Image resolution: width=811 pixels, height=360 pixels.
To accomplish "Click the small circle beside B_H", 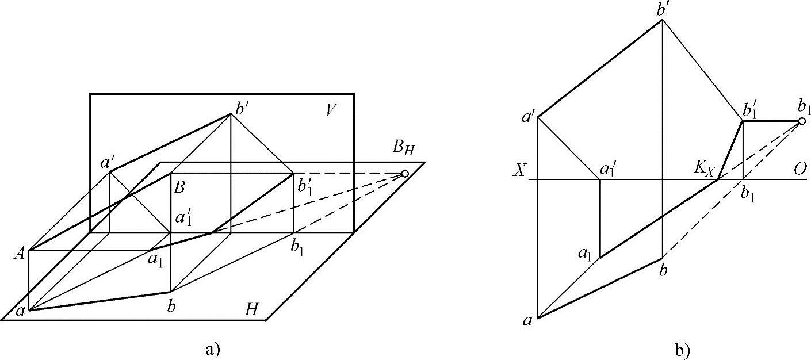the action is [x=405, y=173].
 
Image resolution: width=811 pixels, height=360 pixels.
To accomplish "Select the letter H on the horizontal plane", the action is [x=251, y=311].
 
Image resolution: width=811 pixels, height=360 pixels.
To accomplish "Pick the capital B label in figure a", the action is [x=179, y=187].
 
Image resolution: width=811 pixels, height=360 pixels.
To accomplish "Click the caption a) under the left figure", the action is [x=212, y=348].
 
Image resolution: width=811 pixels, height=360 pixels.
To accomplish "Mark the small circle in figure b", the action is [x=802, y=121].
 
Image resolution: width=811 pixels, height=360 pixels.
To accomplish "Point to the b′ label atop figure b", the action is [x=664, y=10].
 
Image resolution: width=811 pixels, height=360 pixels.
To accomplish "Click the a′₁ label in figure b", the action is [x=609, y=171].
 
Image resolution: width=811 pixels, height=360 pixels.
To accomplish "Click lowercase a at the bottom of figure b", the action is [x=527, y=321].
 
